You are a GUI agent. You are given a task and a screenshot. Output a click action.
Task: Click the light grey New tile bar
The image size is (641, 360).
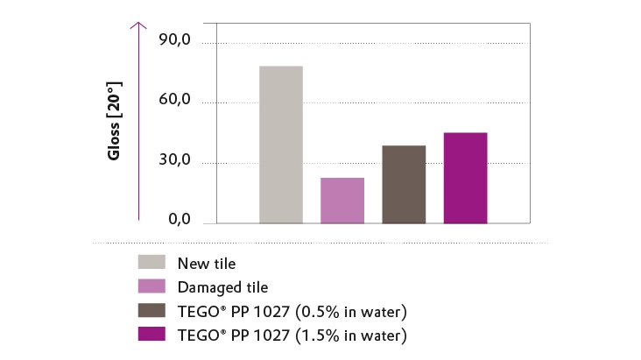tap(281, 145)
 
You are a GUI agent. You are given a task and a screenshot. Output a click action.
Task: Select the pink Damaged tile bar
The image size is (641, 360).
tap(342, 201)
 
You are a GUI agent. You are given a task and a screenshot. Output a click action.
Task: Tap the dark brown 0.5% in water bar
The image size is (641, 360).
tap(404, 184)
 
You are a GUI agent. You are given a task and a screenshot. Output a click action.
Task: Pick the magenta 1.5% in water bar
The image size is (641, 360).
tap(465, 178)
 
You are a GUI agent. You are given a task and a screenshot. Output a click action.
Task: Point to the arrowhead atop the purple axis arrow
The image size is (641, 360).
tap(138, 26)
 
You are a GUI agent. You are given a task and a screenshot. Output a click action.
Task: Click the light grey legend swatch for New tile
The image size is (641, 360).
tap(152, 262)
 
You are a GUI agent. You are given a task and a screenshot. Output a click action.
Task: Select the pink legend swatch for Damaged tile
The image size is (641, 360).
tap(152, 286)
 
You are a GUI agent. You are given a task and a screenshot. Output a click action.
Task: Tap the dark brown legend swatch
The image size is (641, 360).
tap(152, 310)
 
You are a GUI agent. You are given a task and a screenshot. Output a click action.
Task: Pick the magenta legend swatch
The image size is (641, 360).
tap(152, 334)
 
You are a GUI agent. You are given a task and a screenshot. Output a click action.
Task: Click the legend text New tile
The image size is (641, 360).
tap(207, 263)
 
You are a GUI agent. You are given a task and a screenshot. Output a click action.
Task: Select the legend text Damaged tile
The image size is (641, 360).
tap(222, 286)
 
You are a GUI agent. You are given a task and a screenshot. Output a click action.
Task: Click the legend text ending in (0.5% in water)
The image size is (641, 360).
tap(292, 311)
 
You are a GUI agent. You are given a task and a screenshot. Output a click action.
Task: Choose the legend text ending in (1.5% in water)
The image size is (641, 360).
tap(292, 335)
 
